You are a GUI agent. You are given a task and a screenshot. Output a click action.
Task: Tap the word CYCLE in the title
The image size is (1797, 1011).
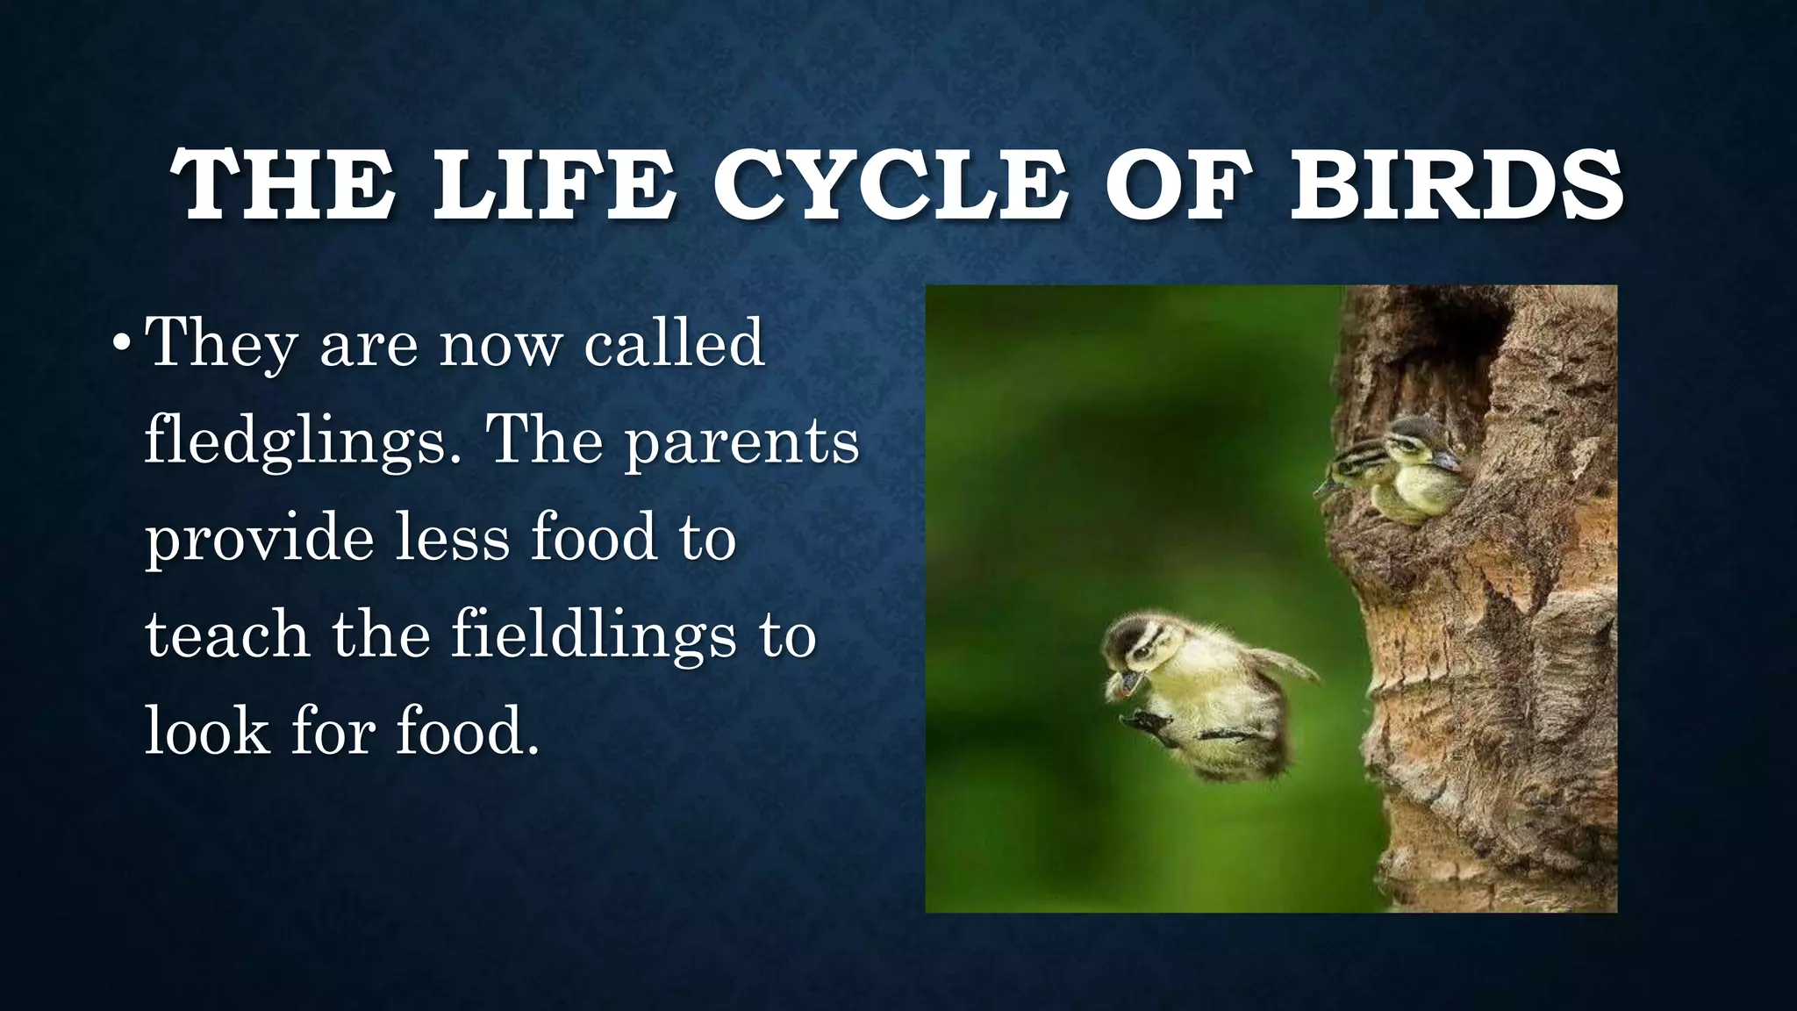pos(890,186)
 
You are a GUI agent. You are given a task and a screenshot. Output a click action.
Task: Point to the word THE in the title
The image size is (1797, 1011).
pos(283,186)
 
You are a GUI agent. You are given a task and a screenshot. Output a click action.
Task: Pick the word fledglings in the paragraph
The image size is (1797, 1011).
pos(295,441)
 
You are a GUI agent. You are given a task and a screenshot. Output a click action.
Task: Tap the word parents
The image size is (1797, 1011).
pos(741,441)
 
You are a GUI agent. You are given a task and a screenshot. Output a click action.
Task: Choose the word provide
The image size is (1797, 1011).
pos(259,538)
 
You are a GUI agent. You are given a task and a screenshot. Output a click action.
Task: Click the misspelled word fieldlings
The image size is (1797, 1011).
pos(593,635)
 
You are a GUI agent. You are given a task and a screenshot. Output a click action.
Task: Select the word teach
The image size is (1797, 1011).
pos(226,635)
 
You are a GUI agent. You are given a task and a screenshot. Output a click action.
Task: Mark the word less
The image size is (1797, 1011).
pos(452,538)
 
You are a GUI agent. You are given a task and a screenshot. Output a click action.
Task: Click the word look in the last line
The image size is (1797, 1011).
pos(206,731)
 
